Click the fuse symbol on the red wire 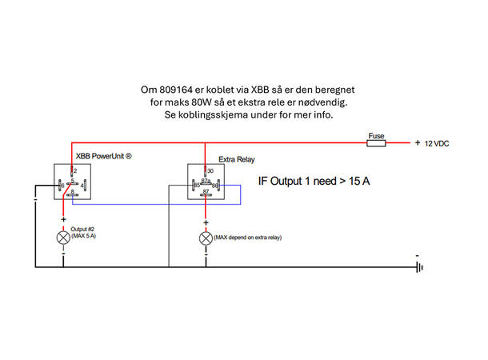click(375, 143)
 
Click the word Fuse click(375, 134)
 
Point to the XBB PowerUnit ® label click(103, 155)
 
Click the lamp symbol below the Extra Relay click(206, 237)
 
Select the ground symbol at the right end click(419, 268)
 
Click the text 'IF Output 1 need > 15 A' click(313, 182)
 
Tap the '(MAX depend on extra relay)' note click(248, 238)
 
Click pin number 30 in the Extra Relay click(210, 170)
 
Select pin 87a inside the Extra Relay click(206, 181)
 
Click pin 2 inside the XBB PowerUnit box click(74, 171)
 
